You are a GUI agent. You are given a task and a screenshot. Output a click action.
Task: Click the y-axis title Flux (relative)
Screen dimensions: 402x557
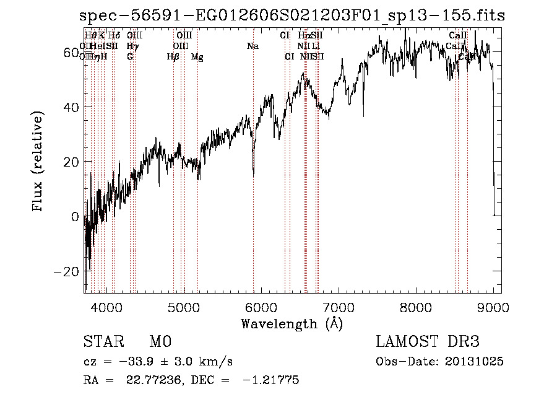[x=39, y=162]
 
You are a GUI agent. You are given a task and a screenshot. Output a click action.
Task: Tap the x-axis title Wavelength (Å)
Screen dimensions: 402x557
[x=291, y=323]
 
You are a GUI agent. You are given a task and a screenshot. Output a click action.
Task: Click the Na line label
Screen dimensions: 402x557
[x=253, y=46]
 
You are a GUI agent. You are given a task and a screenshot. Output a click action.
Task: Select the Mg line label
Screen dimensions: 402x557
[x=197, y=57]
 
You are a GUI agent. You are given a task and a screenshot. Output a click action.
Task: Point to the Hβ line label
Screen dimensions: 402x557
[x=173, y=57]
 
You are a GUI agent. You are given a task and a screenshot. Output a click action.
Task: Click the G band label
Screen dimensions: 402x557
[x=130, y=57]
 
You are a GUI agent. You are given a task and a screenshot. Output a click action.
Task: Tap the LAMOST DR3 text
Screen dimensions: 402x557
[x=428, y=343]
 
